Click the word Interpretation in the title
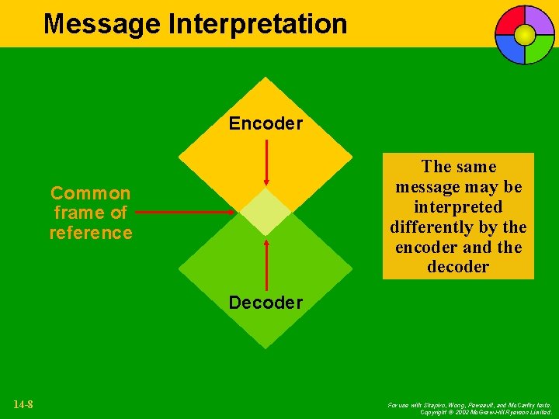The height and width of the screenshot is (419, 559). tap(258, 24)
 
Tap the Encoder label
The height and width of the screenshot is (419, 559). tap(266, 123)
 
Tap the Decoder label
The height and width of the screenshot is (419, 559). tap(266, 303)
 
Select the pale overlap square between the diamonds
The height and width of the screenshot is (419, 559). tap(266, 212)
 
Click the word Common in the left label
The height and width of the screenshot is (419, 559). tap(90, 192)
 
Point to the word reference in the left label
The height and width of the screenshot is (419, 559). tap(91, 233)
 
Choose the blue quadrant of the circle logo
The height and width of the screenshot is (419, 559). tap(512, 48)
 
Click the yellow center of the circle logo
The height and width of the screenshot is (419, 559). tap(525, 35)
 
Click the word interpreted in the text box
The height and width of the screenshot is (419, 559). tap(458, 207)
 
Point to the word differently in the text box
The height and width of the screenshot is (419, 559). tap(436, 227)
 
